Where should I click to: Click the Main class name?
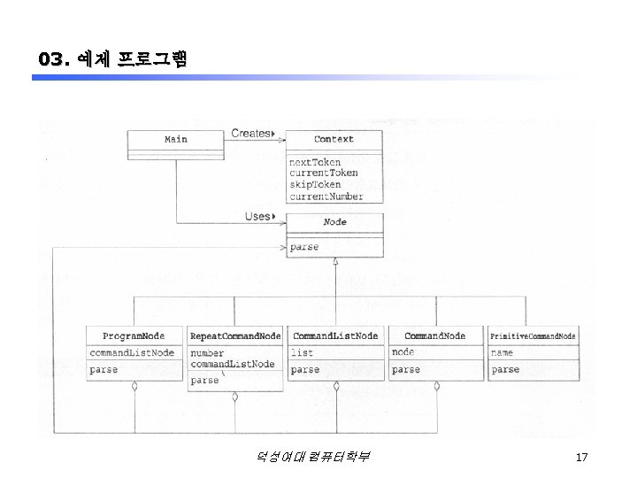176,139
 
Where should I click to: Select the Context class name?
334,139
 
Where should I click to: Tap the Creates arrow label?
251,134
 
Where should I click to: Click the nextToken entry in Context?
316,162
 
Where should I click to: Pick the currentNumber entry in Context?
326,196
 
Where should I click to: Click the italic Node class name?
334,222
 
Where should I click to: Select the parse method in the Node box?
304,247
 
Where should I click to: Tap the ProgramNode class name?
134,336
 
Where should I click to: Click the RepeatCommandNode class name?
234,336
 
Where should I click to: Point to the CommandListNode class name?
335,336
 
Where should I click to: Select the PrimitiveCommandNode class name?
533,336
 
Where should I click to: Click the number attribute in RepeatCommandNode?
207,352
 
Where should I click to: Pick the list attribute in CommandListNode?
302,352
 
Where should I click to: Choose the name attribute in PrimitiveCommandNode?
502,352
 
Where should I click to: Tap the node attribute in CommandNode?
403,352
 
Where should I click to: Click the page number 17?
581,457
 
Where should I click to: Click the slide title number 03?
52,59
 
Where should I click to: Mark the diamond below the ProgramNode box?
134,386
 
